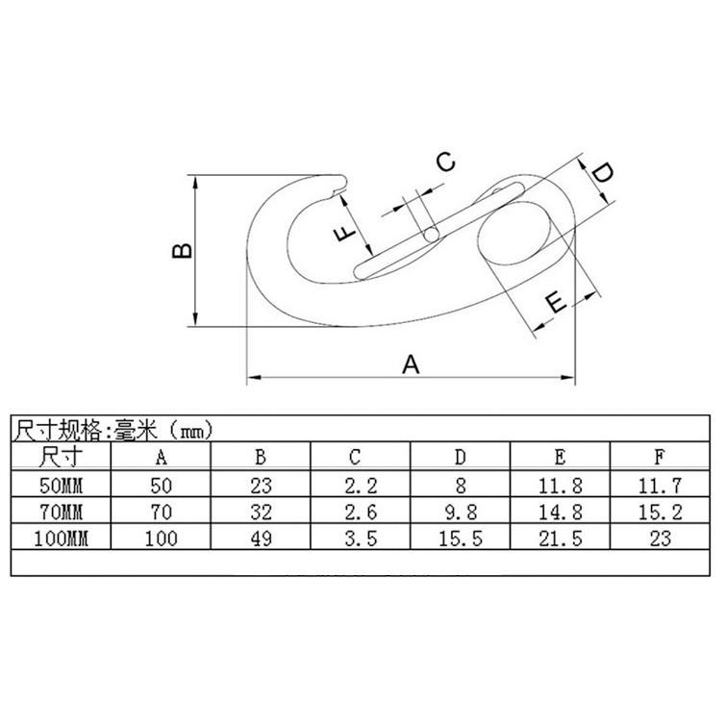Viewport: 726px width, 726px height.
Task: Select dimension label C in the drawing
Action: pos(445,162)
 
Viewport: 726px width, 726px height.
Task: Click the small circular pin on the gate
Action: pos(431,234)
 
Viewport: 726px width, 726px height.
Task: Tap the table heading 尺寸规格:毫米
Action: pos(112,430)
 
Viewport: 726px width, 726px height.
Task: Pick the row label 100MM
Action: pos(61,538)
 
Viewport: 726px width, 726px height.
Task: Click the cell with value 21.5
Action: pos(561,538)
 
